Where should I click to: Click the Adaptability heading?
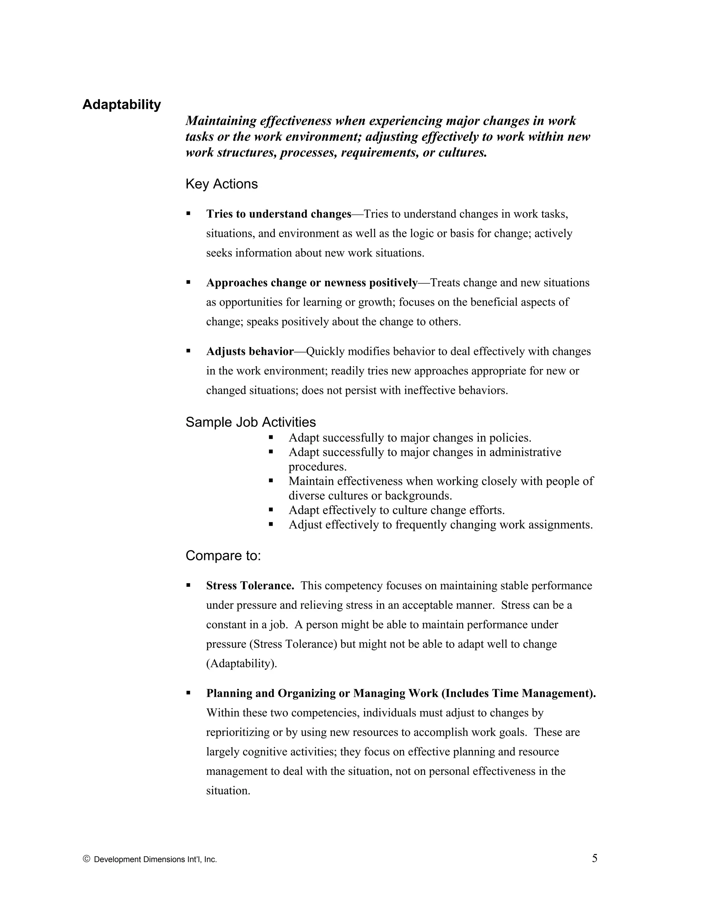pyautogui.click(x=121, y=105)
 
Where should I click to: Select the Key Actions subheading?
pyautogui.click(x=221, y=184)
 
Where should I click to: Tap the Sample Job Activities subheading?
pyautogui.click(x=251, y=422)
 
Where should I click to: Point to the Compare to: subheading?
pyautogui.click(x=223, y=555)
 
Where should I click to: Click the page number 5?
pyautogui.click(x=595, y=858)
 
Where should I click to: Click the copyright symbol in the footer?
pyautogui.click(x=86, y=859)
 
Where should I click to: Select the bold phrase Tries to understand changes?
pyautogui.click(x=279, y=214)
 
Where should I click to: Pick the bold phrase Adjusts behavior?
pyautogui.click(x=250, y=352)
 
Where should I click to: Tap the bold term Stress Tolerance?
pyautogui.click(x=250, y=586)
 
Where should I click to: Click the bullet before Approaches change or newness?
pyautogui.click(x=188, y=282)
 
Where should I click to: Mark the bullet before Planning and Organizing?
pyautogui.click(x=188, y=693)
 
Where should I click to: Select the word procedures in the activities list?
pyautogui.click(x=317, y=467)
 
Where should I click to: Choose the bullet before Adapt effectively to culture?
pyautogui.click(x=271, y=510)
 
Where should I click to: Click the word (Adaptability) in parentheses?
pyautogui.click(x=241, y=664)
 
